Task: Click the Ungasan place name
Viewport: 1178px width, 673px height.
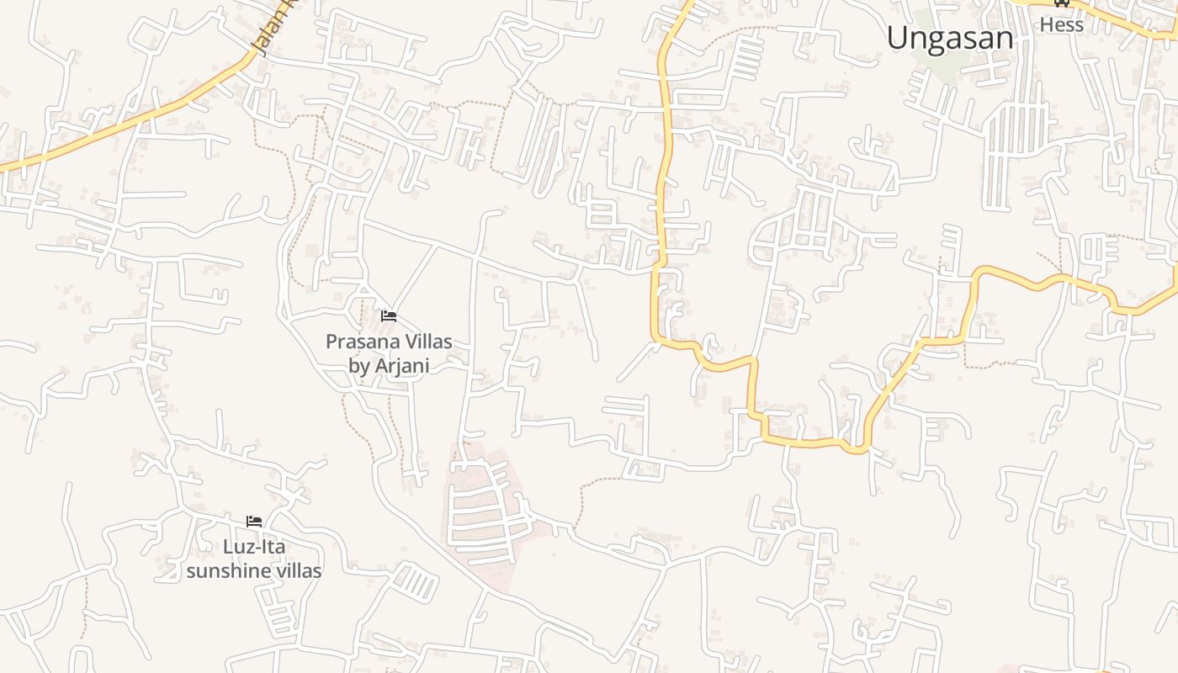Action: coord(950,38)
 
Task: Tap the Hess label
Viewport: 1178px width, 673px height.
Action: coord(1062,24)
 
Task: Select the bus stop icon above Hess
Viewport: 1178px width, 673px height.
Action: coord(1062,3)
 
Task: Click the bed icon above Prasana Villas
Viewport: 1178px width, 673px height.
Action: coord(388,316)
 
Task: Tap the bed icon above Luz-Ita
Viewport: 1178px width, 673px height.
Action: coord(253,522)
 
